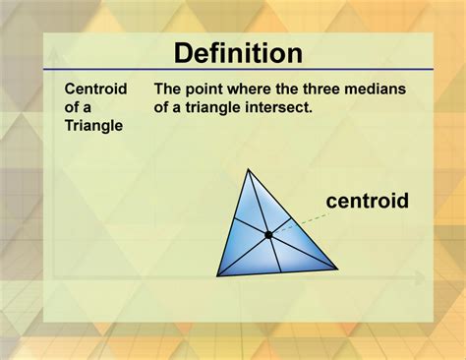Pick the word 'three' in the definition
pyautogui.click(x=325, y=89)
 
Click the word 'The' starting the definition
pyautogui.click(x=167, y=89)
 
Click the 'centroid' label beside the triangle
pyautogui.click(x=367, y=203)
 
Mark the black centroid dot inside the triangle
pyautogui.click(x=267, y=234)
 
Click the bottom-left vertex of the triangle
pyautogui.click(x=218, y=274)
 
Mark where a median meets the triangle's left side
pyautogui.click(x=232, y=222)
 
